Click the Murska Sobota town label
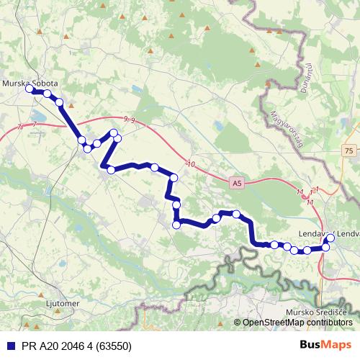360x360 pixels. (x=30, y=83)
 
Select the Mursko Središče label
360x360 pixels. (x=317, y=311)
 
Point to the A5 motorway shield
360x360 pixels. (x=238, y=184)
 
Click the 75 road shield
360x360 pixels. (x=349, y=150)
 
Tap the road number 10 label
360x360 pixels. (x=190, y=165)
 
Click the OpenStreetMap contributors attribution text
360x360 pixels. (x=295, y=322)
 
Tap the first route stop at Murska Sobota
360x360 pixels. (x=30, y=89)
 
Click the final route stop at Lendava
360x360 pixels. (x=330, y=238)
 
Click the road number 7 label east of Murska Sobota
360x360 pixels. (x=34, y=125)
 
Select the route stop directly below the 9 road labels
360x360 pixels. (x=114, y=132)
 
